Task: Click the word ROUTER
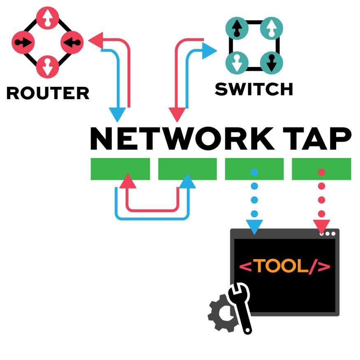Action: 48,93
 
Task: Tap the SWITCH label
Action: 254,89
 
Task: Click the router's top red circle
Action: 48,18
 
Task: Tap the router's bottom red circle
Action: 48,67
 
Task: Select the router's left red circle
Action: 23,42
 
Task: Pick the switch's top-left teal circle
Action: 237,28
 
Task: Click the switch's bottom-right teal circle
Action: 272,63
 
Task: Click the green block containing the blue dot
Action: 254,169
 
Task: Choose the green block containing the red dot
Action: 321,169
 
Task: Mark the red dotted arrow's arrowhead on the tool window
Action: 321,225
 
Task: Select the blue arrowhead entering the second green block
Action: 188,181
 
